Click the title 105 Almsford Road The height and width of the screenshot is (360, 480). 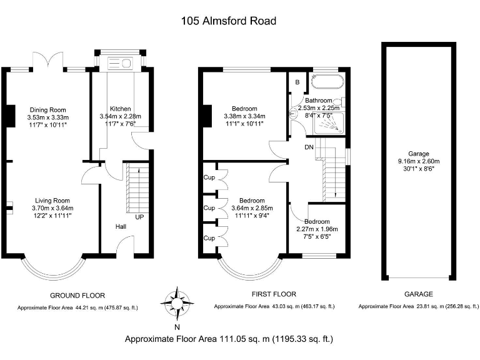[x=229, y=21]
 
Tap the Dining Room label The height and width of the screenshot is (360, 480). [x=47, y=110]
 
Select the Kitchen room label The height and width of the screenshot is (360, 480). [x=121, y=109]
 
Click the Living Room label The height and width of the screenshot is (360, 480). [x=52, y=201]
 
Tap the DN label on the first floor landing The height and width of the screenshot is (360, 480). [x=309, y=148]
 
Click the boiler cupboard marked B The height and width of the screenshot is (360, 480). [x=297, y=82]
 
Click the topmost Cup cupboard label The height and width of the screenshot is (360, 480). [x=209, y=177]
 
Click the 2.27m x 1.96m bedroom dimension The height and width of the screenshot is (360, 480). [x=316, y=229]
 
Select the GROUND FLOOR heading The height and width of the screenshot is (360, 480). [x=77, y=295]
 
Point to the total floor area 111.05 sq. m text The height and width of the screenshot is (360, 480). [x=229, y=339]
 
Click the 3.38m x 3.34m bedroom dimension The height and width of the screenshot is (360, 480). [x=244, y=116]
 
